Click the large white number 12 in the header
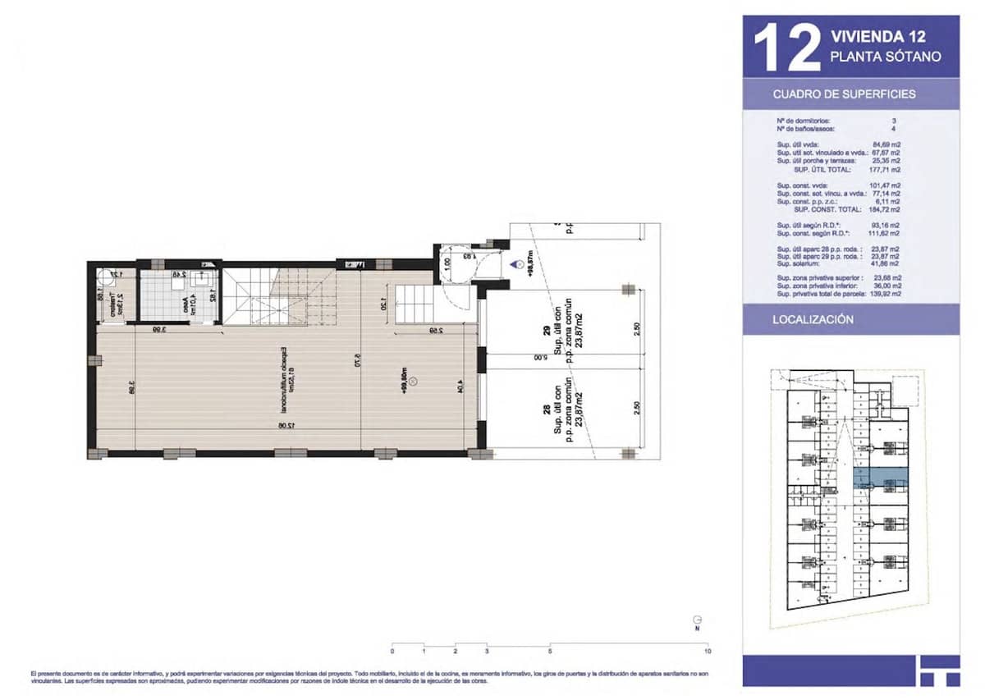tap(786, 48)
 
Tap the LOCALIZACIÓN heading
tap(813, 319)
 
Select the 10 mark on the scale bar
tap(707, 651)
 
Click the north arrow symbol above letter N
tap(697, 620)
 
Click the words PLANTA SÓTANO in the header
tap(885, 57)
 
